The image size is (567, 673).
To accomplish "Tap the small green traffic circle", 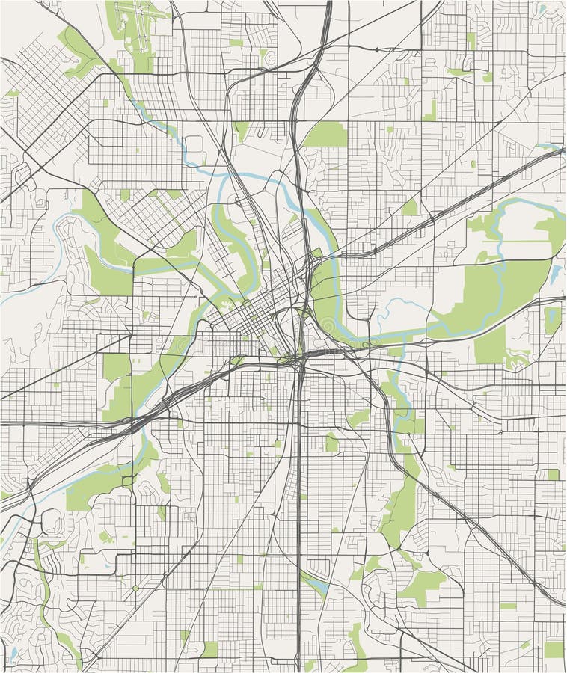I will pyautogui.click(x=135, y=589).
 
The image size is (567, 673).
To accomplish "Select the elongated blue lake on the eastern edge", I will pyautogui.click(x=555, y=274).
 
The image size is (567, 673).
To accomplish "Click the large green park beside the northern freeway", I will pyautogui.click(x=326, y=135).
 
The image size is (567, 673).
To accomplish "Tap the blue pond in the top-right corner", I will pyautogui.click(x=540, y=9).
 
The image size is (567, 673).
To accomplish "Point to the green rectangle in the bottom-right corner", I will pyautogui.click(x=553, y=648).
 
